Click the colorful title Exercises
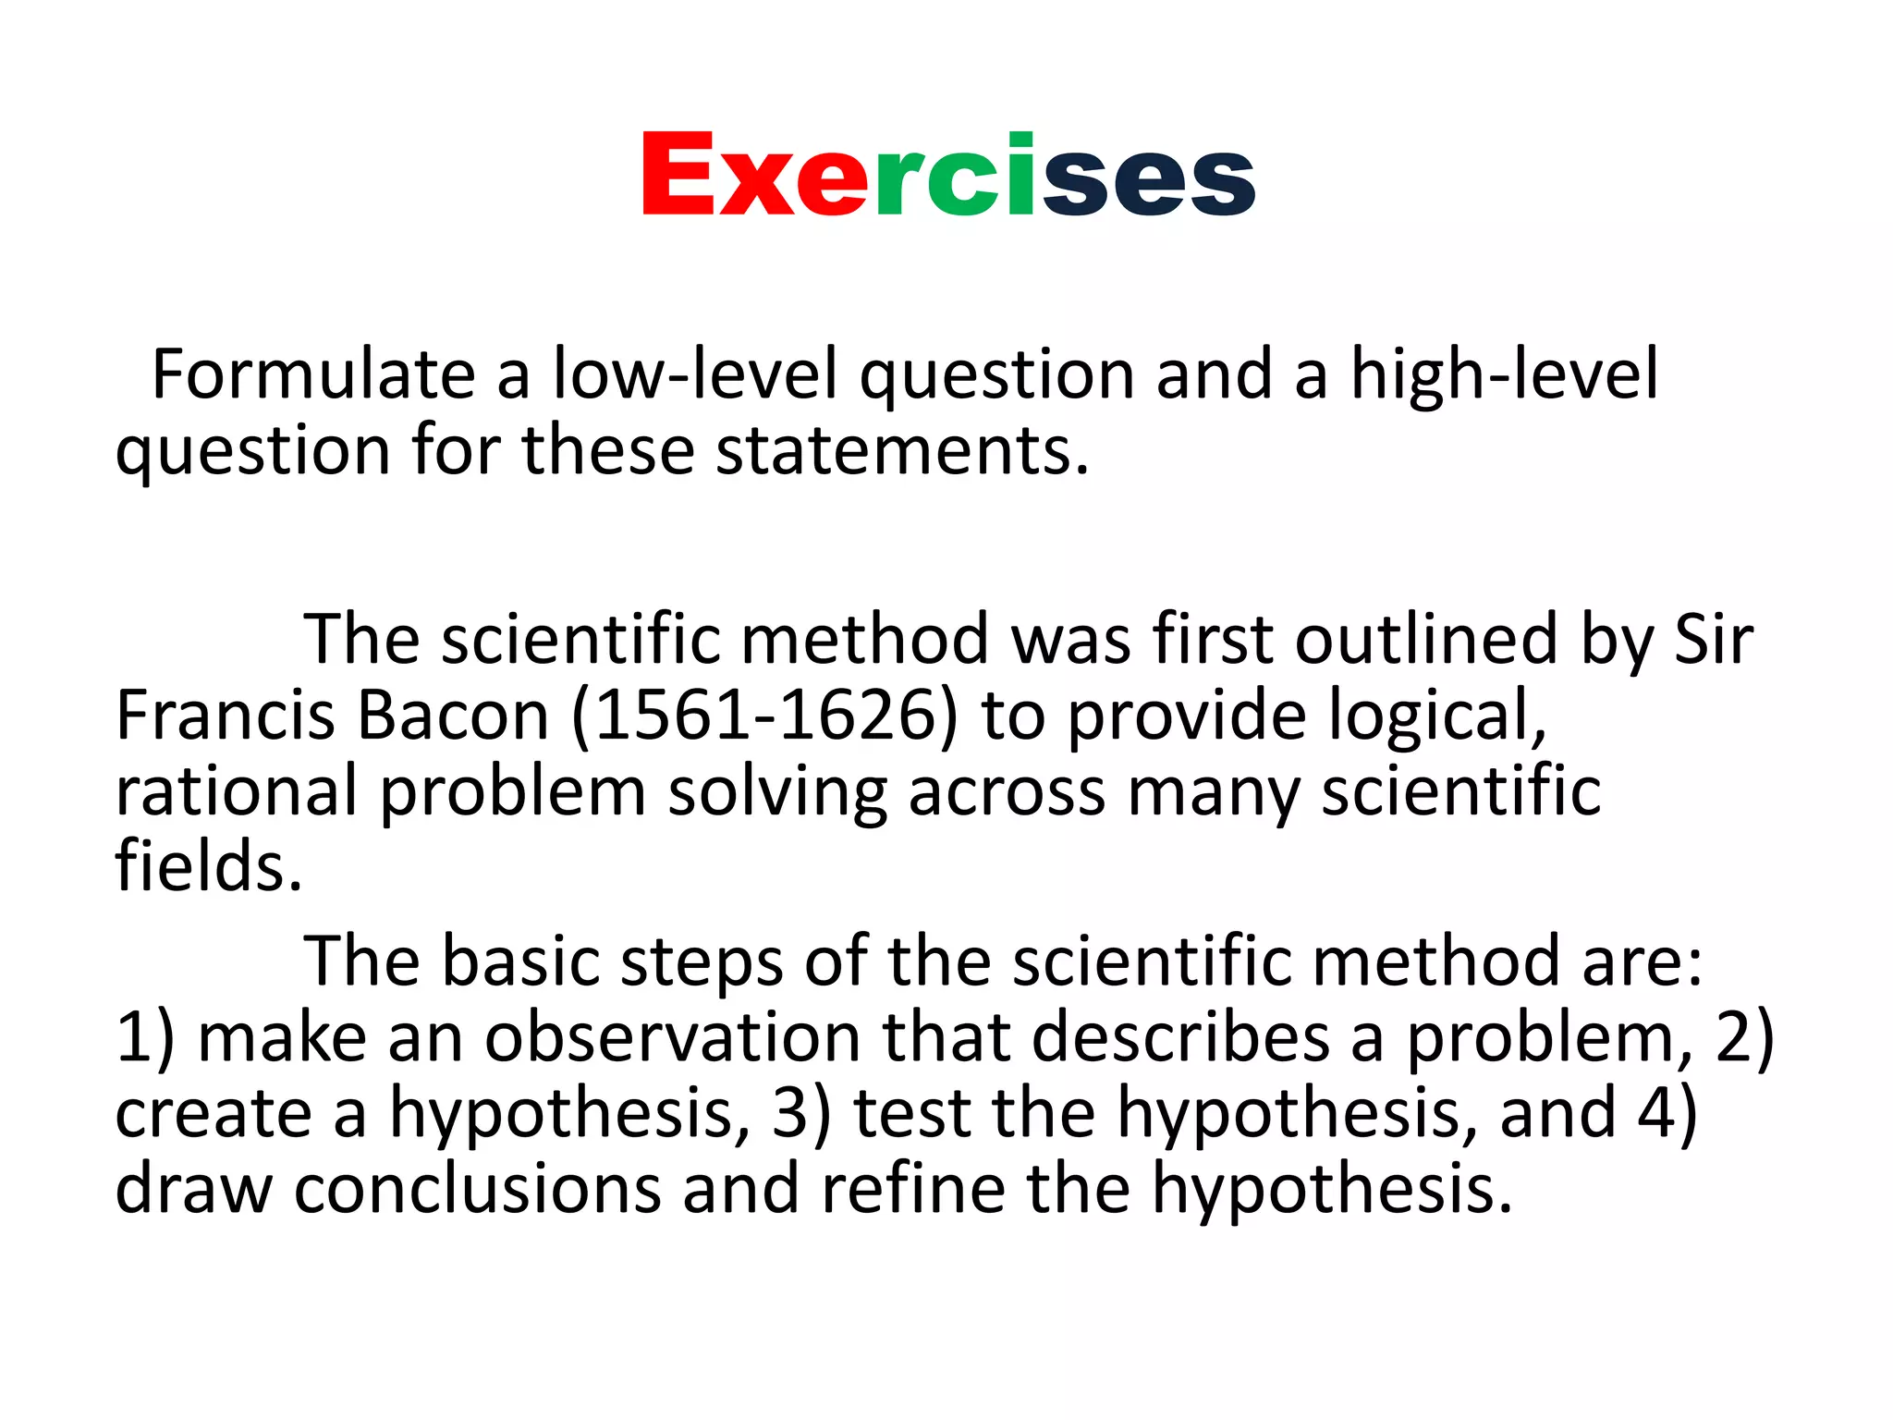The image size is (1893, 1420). tap(948, 175)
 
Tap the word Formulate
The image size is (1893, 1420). tap(313, 374)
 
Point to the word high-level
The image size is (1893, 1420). tap(1505, 374)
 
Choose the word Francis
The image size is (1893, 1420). tap(225, 716)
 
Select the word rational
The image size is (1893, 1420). tap(236, 792)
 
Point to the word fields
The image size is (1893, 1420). tap(209, 867)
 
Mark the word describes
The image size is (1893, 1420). tap(1180, 1037)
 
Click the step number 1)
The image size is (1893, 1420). tap(145, 1037)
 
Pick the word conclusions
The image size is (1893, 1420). tap(478, 1189)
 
